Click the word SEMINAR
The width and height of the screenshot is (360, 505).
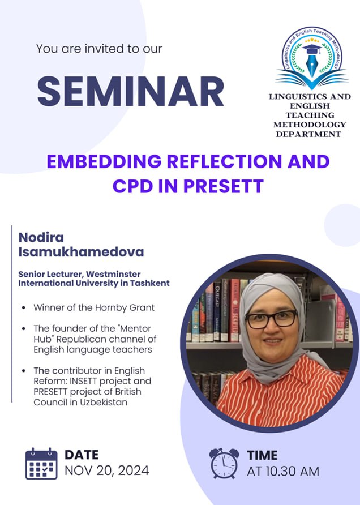(x=131, y=91)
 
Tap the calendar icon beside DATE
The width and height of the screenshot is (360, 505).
(x=41, y=464)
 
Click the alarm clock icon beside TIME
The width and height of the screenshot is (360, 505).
(x=224, y=463)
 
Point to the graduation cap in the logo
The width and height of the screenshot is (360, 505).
(x=312, y=49)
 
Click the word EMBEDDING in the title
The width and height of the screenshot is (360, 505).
(x=104, y=161)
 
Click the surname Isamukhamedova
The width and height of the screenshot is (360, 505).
(x=81, y=252)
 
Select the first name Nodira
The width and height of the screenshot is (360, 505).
(x=41, y=238)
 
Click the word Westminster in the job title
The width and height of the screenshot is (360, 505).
(x=113, y=274)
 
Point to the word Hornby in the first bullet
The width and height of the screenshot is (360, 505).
(x=111, y=308)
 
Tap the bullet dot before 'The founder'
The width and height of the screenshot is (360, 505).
(x=24, y=329)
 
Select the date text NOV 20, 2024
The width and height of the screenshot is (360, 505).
(x=106, y=470)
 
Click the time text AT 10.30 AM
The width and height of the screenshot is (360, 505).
(x=283, y=471)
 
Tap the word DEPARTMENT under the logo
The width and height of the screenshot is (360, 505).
(x=308, y=134)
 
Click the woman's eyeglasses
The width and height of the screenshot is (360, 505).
(x=271, y=319)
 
